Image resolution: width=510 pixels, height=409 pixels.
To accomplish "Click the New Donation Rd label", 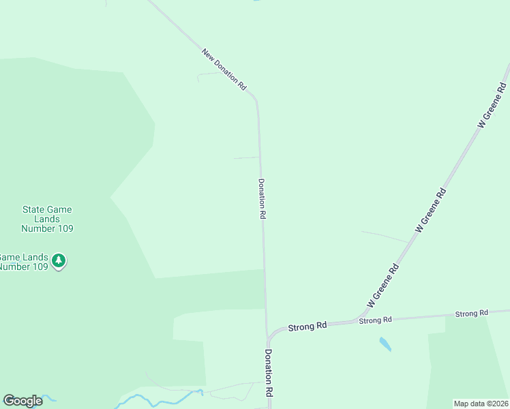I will point(224,69).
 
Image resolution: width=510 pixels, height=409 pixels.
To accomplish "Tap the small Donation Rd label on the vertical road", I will point(262,198).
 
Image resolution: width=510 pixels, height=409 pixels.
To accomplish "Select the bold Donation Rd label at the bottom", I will point(269,373).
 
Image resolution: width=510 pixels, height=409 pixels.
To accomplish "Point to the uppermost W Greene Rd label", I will point(492,104).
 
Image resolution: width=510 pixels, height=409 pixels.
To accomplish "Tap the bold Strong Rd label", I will point(307,327).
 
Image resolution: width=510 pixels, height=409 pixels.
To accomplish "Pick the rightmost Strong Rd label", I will point(472,313).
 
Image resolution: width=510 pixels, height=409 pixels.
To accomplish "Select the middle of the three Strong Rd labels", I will point(375,320).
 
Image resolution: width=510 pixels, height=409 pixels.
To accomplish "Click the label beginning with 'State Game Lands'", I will point(47,219).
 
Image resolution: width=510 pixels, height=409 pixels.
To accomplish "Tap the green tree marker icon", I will point(59,260).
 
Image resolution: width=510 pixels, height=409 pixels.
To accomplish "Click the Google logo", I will point(22,401).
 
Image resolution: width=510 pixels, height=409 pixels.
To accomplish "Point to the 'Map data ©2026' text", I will point(481,404).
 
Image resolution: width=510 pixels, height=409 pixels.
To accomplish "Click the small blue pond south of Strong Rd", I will point(385,344).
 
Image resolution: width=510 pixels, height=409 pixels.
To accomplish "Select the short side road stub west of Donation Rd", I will point(245,158).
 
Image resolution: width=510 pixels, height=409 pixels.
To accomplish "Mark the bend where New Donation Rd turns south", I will point(256,100).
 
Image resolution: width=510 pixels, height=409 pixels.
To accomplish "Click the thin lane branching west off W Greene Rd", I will point(385,236).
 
